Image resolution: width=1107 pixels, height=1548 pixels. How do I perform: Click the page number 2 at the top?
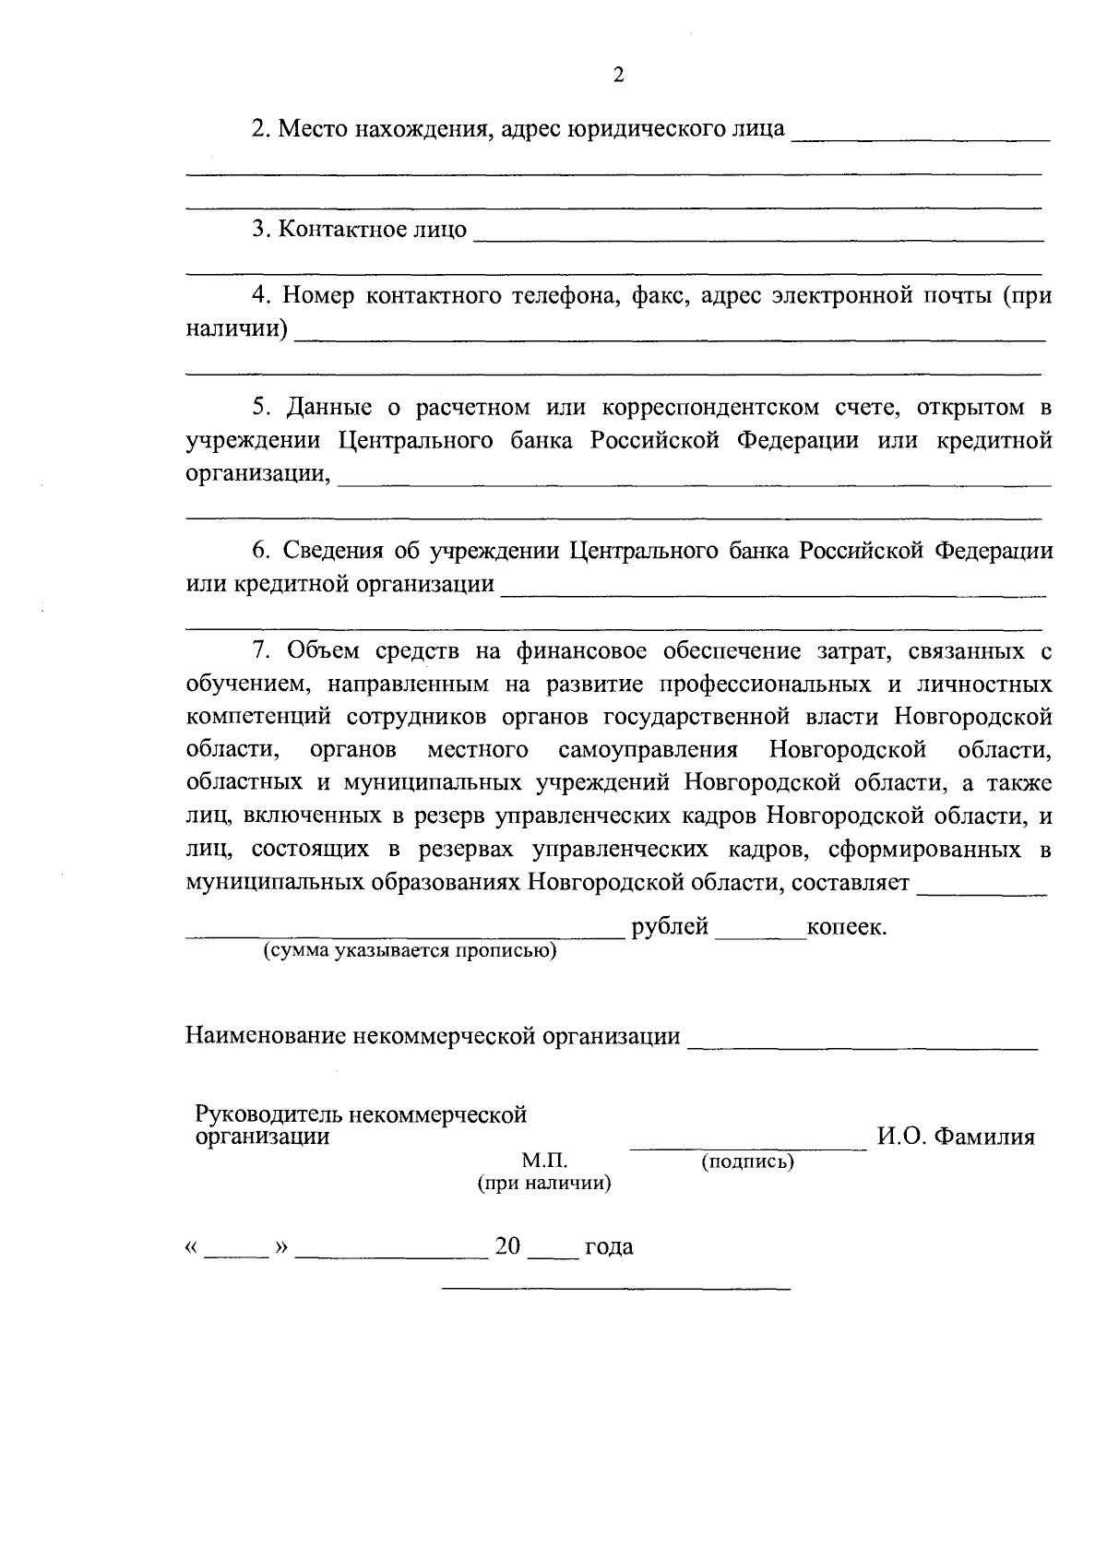619,76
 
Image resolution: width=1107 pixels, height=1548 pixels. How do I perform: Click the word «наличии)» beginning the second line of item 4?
236,328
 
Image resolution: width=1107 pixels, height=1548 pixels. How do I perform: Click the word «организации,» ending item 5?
257,474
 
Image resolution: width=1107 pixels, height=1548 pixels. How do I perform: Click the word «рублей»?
670,927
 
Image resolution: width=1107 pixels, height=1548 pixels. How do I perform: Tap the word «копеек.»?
846,927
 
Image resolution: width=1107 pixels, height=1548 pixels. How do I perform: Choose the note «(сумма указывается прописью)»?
411,950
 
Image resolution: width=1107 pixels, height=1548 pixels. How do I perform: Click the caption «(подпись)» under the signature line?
747,1161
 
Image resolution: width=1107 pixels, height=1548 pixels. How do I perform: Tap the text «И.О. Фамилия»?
955,1137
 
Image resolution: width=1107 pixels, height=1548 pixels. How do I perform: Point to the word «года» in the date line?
609,1247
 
